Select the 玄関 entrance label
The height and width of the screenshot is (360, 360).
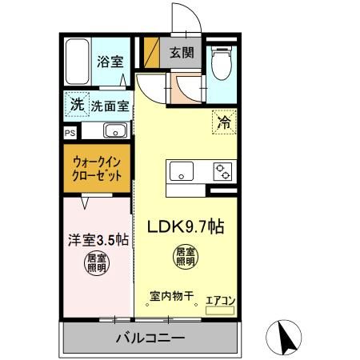point(180,53)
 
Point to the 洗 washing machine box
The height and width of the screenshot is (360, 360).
point(76,104)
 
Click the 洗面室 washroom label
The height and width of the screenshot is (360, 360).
point(110,105)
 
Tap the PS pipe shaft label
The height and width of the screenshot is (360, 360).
point(70,131)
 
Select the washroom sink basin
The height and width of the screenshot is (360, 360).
point(114,130)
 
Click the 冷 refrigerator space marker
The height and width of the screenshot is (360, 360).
point(224,122)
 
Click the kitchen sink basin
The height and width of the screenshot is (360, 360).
point(181,171)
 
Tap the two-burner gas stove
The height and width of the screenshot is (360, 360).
point(220,171)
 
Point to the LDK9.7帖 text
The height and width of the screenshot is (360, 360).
point(185,227)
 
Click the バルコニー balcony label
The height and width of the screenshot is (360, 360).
point(150,336)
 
